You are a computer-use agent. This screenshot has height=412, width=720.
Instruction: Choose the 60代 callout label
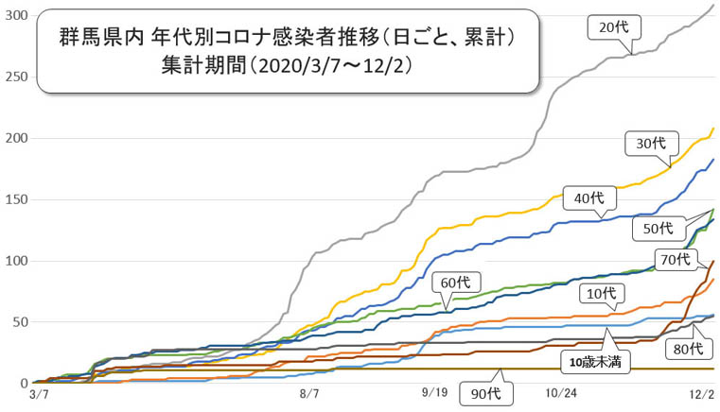(456, 282)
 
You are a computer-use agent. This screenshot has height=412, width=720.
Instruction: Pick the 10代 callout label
(595, 294)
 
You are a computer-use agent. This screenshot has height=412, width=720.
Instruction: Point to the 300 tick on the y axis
(15, 16)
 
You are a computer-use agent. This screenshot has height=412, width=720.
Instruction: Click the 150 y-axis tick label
(15, 199)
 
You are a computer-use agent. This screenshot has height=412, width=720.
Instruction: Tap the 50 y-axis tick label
(19, 322)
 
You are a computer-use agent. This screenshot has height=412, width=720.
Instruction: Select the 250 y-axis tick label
(15, 77)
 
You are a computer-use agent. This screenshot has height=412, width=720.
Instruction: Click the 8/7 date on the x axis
(310, 391)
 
